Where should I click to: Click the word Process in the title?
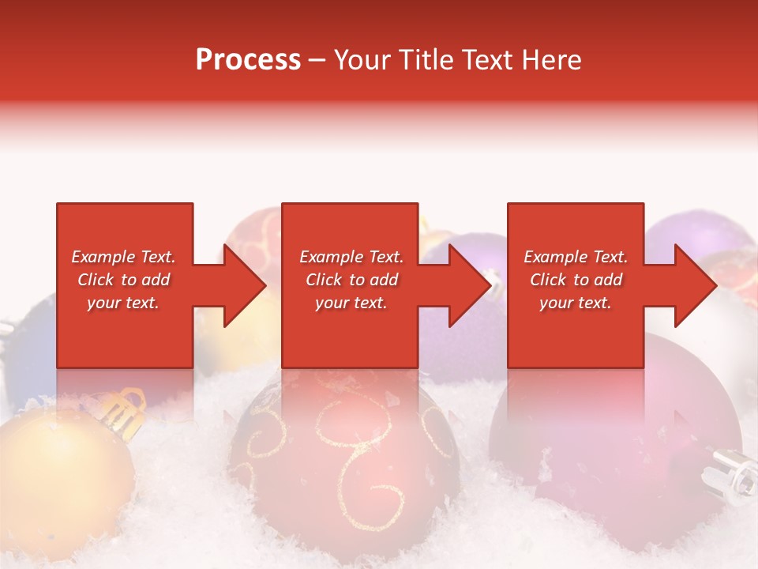[x=248, y=60]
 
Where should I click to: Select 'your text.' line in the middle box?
[x=351, y=303]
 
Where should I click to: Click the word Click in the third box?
[x=548, y=280]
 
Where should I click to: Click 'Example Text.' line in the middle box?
[x=351, y=257]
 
